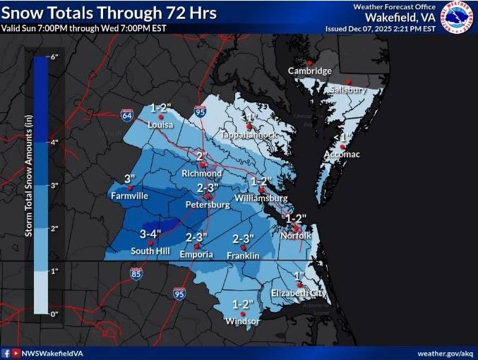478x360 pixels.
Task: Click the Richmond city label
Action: (202, 173)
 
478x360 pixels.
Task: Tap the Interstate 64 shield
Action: (126, 114)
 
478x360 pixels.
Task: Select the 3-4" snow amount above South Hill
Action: (150, 233)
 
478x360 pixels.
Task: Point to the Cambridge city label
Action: (309, 71)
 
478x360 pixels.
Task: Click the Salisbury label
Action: (345, 90)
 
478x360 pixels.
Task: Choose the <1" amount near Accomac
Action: (341, 137)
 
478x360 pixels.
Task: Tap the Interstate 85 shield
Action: (135, 272)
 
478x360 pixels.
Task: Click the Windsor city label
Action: (242, 322)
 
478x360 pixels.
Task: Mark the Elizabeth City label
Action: (299, 293)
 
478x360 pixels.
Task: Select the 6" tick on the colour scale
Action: (53, 56)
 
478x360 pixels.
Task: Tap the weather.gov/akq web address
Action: (445, 353)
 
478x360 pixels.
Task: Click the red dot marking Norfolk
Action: (297, 227)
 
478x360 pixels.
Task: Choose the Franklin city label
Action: (243, 255)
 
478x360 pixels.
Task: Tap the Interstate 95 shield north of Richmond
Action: (200, 111)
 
